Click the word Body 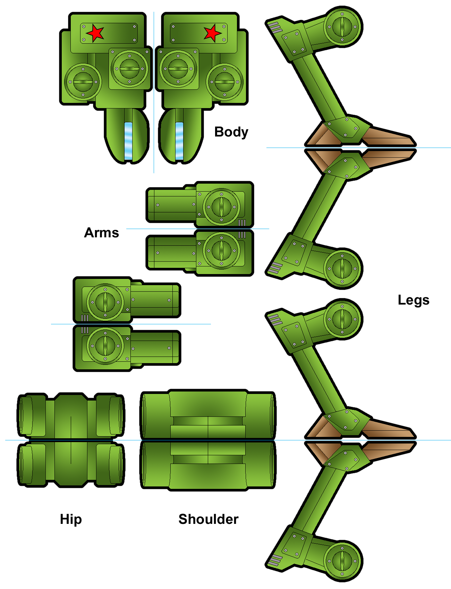click(x=231, y=132)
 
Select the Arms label click(x=101, y=233)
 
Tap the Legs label click(x=413, y=300)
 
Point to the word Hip click(x=71, y=519)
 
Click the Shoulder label click(x=208, y=519)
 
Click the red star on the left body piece click(x=95, y=33)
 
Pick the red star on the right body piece click(x=212, y=33)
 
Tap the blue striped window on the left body click(x=128, y=141)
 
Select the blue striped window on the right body click(x=179, y=141)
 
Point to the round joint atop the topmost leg click(x=342, y=27)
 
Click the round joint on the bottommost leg click(x=342, y=560)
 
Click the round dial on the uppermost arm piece click(x=221, y=207)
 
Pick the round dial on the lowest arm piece click(x=105, y=345)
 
